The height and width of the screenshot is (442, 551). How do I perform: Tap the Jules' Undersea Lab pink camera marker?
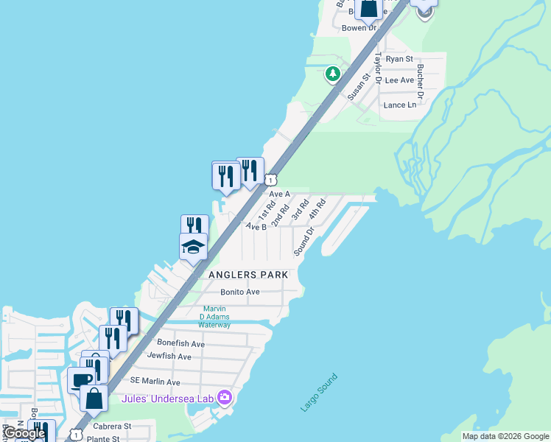tap(225, 399)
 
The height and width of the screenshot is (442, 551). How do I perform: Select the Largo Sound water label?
tap(319, 393)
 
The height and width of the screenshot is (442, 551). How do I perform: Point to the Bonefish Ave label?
tap(180, 343)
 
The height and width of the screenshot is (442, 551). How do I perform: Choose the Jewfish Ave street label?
tap(169, 357)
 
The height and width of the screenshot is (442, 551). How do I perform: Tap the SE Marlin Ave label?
tap(155, 382)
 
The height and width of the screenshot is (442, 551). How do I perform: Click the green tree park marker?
tap(333, 73)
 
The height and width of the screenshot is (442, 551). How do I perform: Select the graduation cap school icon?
tap(193, 247)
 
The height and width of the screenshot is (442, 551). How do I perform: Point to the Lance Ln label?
tap(400, 105)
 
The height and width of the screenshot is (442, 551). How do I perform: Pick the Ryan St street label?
tap(399, 59)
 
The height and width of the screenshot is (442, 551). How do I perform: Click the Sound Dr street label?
tap(304, 241)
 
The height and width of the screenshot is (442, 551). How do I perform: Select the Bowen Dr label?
tap(359, 28)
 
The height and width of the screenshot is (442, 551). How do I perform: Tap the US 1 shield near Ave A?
tap(271, 180)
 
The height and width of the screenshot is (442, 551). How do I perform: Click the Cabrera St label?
tap(112, 426)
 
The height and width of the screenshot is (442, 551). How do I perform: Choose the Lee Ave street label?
tap(399, 80)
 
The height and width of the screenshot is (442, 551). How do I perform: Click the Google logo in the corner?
tap(24, 433)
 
